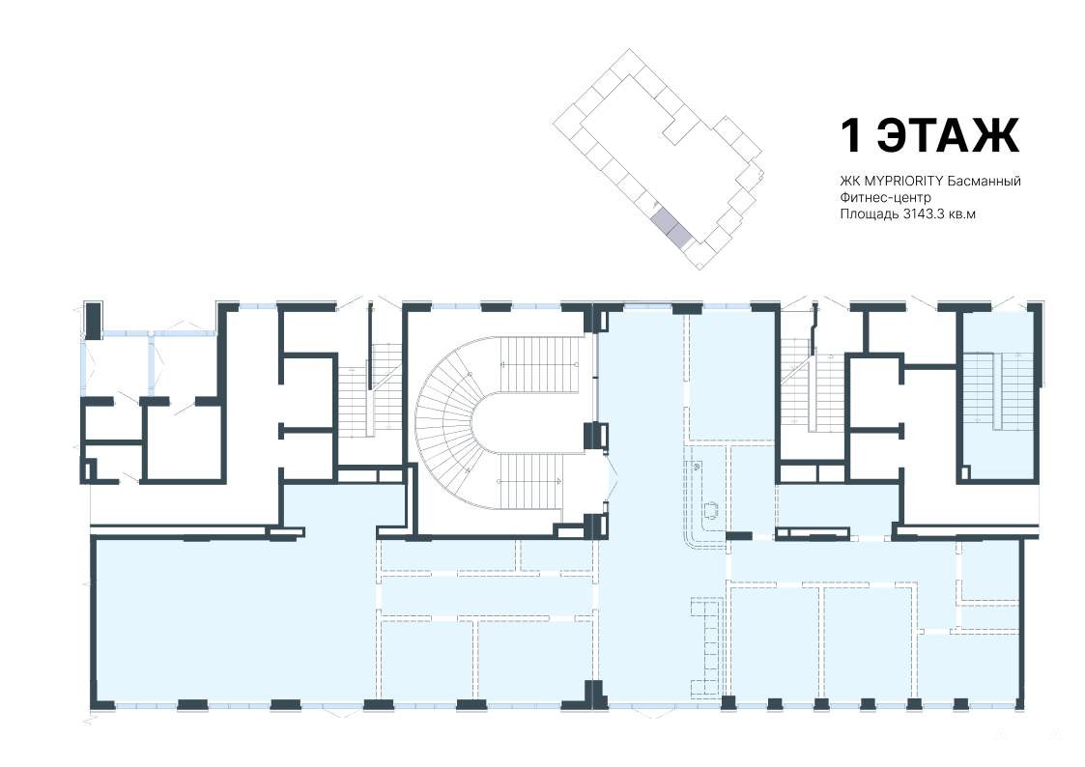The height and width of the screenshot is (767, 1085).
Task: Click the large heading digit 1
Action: click(851, 135)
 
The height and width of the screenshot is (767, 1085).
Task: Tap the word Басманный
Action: click(985, 182)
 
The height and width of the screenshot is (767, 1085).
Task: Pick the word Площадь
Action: click(870, 215)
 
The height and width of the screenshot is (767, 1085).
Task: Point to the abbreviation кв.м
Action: click(962, 215)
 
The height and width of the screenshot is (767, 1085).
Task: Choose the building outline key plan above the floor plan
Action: click(658, 158)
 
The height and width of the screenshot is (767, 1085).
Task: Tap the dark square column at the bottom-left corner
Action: click(103, 705)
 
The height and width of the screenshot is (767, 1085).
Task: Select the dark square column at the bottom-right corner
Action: click(1020, 703)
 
